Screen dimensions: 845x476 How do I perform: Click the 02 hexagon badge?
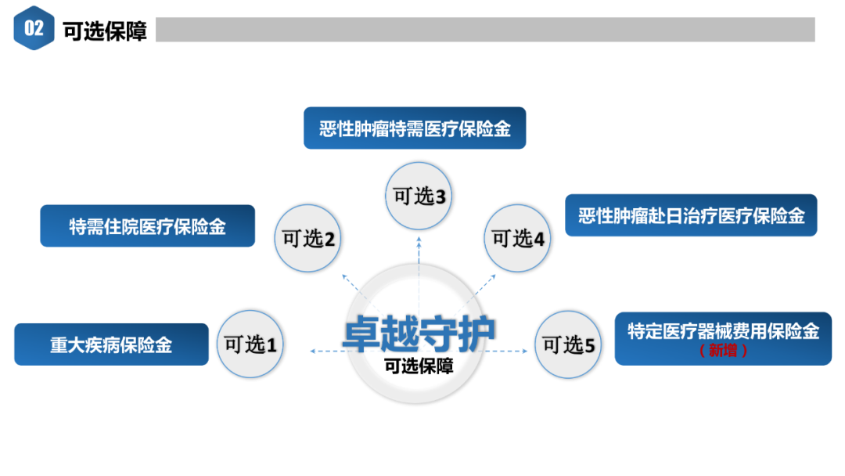tap(34, 29)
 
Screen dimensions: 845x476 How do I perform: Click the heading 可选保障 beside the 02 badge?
tap(105, 31)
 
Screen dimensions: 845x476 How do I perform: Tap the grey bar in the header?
tap(485, 30)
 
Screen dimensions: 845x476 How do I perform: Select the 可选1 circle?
tap(250, 344)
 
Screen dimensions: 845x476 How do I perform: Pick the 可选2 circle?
tap(308, 238)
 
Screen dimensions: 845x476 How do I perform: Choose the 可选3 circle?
tap(419, 197)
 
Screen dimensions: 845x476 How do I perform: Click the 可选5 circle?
tap(569, 344)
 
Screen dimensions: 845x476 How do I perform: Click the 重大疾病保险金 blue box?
tap(111, 344)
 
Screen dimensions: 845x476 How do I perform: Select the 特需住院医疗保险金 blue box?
tap(147, 226)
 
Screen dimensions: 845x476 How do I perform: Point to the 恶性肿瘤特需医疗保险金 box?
tap(415, 128)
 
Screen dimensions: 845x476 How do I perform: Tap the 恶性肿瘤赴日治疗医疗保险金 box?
tap(691, 215)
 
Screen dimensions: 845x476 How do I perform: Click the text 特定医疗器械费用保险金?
tap(723, 331)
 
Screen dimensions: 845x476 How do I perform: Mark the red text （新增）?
tap(723, 351)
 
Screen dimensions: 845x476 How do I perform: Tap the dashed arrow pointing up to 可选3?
tap(419, 258)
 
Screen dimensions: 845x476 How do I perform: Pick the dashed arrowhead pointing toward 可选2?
tap(344, 276)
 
